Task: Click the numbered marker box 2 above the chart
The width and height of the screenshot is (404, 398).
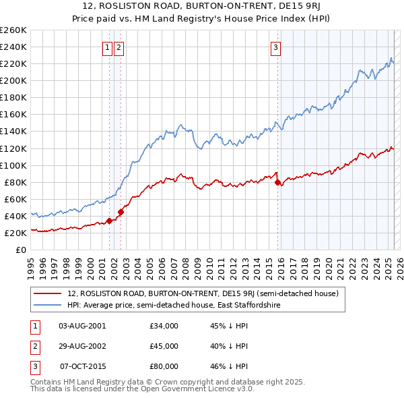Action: tap(119, 47)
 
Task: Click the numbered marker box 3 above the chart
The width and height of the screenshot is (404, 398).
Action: tap(276, 47)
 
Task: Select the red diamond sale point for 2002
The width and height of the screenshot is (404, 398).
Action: tap(121, 212)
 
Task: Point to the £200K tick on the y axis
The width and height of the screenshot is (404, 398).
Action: tap(14, 80)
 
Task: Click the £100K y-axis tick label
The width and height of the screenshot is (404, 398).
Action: tap(14, 165)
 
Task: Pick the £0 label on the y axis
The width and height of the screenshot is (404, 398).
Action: tap(21, 250)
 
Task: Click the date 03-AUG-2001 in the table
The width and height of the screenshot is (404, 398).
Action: tap(82, 326)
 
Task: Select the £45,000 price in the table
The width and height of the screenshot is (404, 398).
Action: tap(164, 346)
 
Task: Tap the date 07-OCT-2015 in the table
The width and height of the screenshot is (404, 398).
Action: tap(83, 366)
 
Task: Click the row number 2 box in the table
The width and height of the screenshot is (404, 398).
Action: tap(34, 346)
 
